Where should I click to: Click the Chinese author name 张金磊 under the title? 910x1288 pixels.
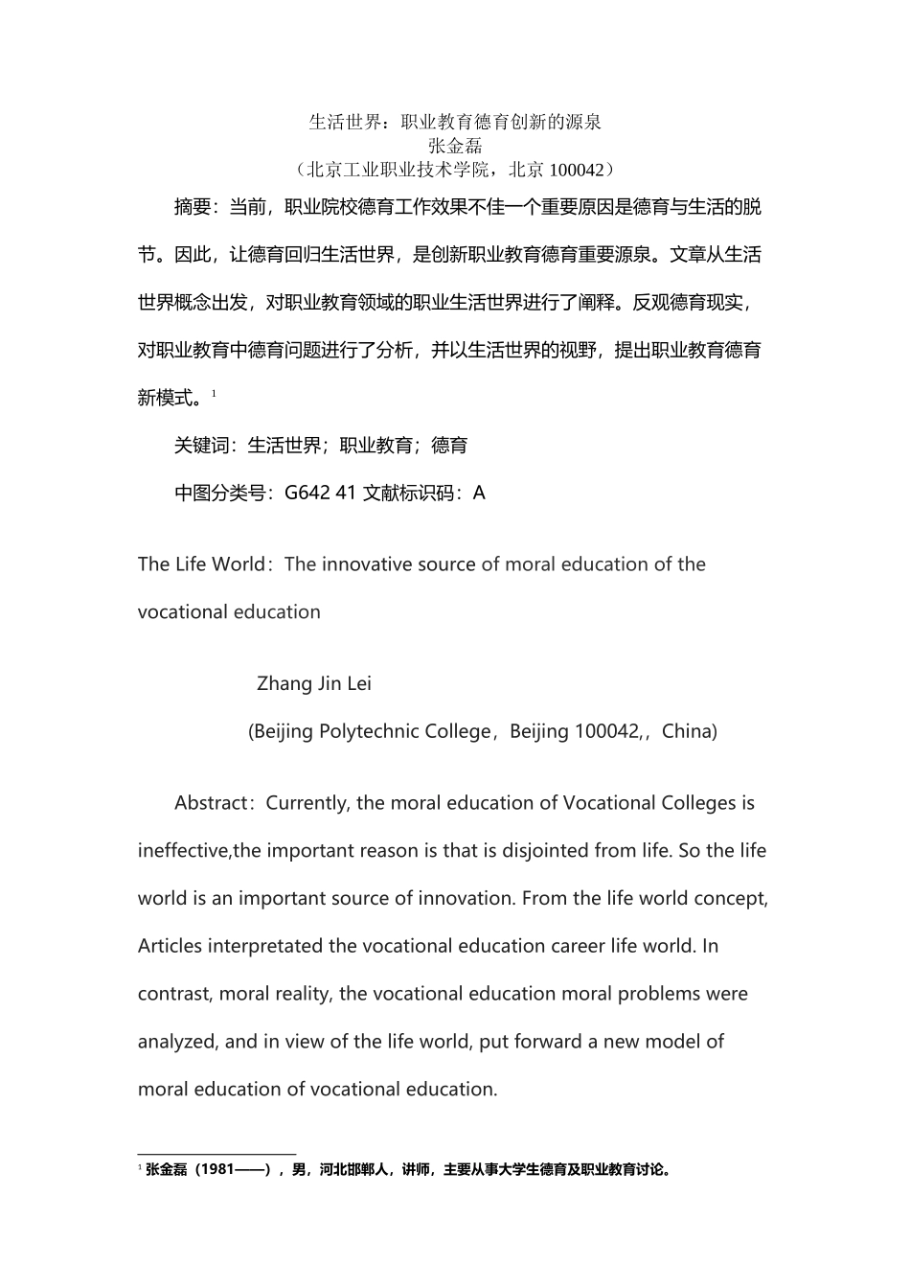pyautogui.click(x=455, y=146)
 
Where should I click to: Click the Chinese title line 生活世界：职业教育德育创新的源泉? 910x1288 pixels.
pyautogui.click(x=455, y=122)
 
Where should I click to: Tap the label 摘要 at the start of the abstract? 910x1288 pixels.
pyautogui.click(x=192, y=207)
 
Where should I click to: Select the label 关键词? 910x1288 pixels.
pyautogui.click(x=201, y=446)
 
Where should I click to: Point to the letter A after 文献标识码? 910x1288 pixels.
pyautogui.click(x=479, y=494)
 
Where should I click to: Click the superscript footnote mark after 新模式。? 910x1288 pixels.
pyautogui.click(x=215, y=393)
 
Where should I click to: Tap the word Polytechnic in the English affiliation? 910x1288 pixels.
pyautogui.click(x=370, y=732)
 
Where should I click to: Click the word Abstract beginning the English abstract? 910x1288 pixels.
pyautogui.click(x=212, y=803)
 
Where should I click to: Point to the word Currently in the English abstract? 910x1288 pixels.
pyautogui.click(x=308, y=803)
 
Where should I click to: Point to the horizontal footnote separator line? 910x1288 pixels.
pyautogui.click(x=216, y=1155)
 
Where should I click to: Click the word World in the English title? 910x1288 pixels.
pyautogui.click(x=238, y=564)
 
